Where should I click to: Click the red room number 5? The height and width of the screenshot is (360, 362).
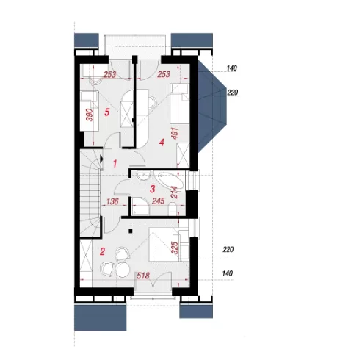coord(106,112)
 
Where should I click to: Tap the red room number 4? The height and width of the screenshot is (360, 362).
coord(162,143)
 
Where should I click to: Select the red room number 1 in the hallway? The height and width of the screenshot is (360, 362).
coord(115,164)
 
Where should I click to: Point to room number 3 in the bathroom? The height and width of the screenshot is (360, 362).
coord(153,189)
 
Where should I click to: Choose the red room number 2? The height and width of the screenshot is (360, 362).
coord(102,251)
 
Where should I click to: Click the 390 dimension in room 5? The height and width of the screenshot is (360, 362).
coord(90,115)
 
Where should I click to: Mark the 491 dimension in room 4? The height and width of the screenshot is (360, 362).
coord(175,134)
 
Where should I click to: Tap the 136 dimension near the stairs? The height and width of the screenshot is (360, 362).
coord(112,201)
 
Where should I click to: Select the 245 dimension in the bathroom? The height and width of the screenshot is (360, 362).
coord(158,201)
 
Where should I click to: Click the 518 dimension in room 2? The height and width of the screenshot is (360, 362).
coord(143,276)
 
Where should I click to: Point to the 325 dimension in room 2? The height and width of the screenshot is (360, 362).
coord(175,248)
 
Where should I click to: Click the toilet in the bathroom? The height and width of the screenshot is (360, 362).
coord(173,209)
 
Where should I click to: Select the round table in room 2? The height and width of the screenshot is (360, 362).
coord(123,270)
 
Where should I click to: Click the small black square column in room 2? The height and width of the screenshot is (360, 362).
coord(131,231)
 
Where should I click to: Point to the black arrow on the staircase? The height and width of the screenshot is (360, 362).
coord(101,159)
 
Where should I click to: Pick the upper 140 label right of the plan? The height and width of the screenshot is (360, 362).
coord(231,68)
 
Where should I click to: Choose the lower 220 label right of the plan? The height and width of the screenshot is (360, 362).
coord(228,250)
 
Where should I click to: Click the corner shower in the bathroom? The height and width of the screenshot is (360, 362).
coord(140,207)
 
